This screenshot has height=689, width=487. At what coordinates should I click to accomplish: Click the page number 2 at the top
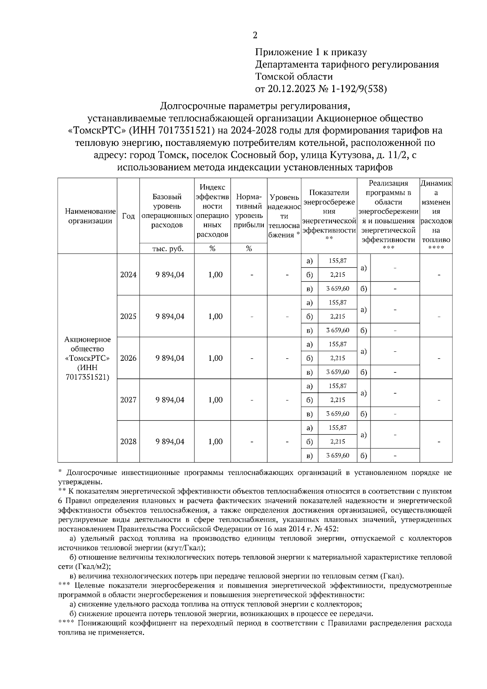pos(255,35)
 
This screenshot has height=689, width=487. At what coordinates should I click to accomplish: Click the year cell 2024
pos(128,275)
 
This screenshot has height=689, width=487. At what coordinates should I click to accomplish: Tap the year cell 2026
pos(128,358)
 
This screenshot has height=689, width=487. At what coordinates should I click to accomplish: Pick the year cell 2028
pos(128,442)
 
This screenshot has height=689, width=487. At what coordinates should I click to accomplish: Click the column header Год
pos(128,216)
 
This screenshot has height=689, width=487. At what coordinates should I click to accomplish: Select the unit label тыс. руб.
pos(167,249)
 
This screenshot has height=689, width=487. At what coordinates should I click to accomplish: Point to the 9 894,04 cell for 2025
pos(170,317)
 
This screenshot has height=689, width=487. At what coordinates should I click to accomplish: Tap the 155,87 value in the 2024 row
pos(338,261)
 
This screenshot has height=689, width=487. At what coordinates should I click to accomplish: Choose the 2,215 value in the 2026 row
pos(338,358)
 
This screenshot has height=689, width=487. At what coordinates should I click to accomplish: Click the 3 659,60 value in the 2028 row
pos(338,456)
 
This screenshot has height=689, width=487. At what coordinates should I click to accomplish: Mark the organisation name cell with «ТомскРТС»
pos(87,358)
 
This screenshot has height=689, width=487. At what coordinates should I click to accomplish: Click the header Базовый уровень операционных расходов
pos(167,211)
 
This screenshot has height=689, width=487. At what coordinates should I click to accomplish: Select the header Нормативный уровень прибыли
pos(249,211)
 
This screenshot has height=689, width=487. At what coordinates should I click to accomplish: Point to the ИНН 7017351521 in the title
pos(176,131)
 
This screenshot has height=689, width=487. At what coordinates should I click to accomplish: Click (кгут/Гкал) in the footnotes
pos(181,548)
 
